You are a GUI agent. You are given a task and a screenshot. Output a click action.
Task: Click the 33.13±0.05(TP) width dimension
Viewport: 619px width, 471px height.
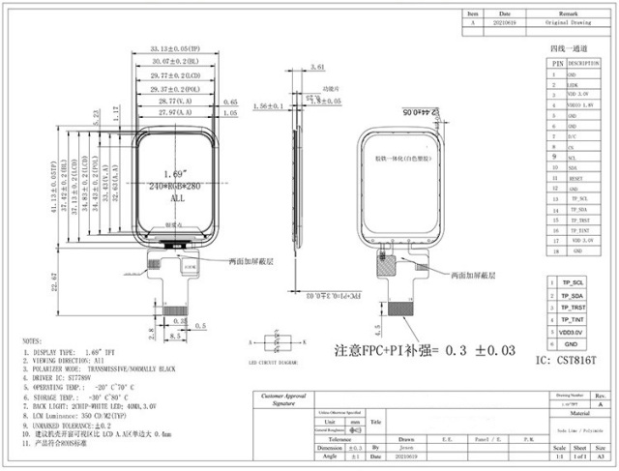coord(174,47)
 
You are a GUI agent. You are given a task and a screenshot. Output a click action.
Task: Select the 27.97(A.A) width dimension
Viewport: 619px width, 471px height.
coord(174,113)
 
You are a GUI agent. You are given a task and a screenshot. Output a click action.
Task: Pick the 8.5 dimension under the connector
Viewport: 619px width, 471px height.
coord(175,336)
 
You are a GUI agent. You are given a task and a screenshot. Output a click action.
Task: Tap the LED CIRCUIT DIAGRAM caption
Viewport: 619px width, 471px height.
coord(272,363)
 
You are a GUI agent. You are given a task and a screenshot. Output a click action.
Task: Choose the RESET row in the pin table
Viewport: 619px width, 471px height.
coord(574,178)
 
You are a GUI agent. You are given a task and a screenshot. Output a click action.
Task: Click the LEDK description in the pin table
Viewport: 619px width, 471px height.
coord(574,84)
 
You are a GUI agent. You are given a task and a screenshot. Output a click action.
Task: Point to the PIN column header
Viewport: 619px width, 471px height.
coord(556,62)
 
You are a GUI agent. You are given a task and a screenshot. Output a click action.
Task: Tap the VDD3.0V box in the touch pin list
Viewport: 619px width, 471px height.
coord(572,332)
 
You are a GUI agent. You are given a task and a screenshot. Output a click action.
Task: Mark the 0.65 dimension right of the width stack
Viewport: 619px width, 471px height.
coord(230,102)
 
